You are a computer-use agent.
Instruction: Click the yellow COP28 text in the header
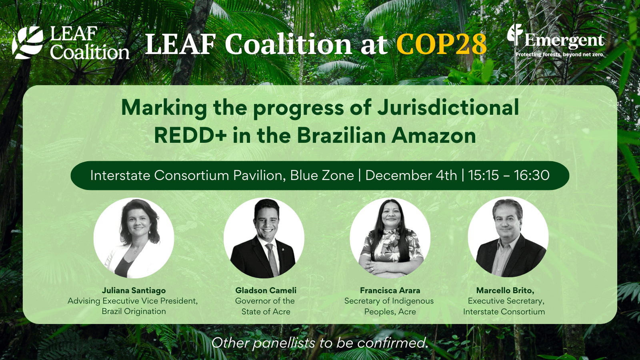coord(441,44)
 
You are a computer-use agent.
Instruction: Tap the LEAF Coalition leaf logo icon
coord(27,42)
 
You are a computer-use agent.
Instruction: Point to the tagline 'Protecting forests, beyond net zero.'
coord(560,54)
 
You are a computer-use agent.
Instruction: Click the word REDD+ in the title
coord(190,135)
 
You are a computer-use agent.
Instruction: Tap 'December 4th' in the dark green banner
coord(411,175)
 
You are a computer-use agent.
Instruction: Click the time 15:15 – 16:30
coord(509,175)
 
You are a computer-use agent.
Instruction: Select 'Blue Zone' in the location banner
coord(322,175)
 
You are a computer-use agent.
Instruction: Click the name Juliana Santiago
coord(134,290)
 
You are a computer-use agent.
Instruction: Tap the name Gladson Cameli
coord(266,290)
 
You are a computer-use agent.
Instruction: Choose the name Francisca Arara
coord(390,290)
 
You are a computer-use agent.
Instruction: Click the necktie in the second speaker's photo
coord(272,258)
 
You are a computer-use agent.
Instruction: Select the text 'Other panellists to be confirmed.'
coord(320,343)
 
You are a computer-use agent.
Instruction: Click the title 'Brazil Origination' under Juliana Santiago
coord(134,311)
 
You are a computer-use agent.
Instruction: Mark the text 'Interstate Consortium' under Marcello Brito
coord(504,312)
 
